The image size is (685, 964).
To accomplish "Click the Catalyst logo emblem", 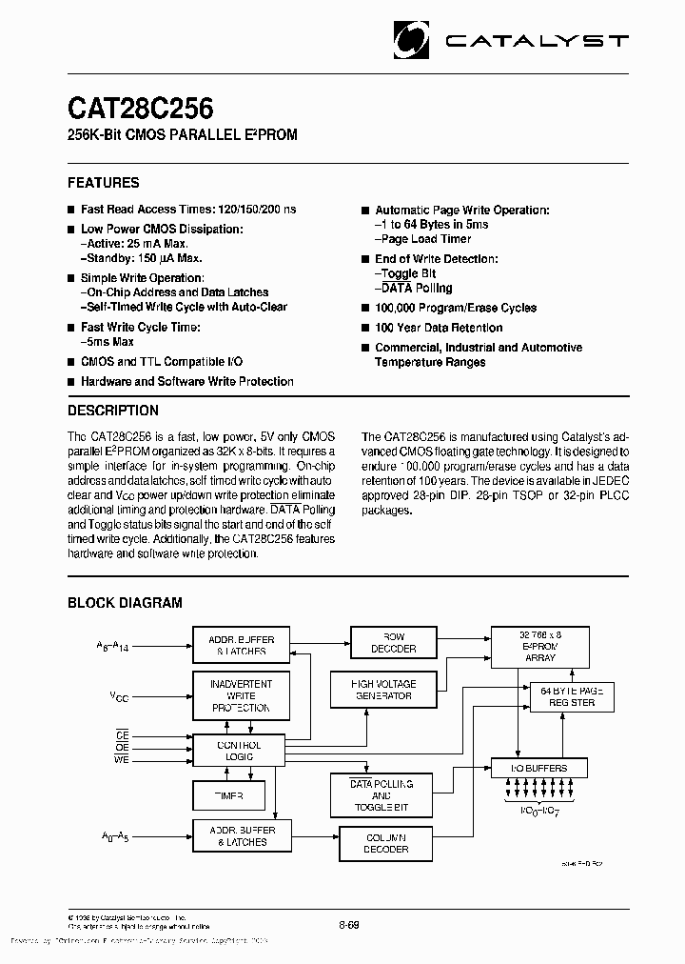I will point(415,40).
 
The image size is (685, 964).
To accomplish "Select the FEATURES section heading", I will point(104,182).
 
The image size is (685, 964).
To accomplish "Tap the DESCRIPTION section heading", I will point(113,411).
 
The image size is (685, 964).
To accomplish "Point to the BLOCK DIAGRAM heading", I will point(125,602).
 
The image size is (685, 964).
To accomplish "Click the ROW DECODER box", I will point(393,643).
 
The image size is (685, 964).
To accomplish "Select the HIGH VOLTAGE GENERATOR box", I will point(383,690).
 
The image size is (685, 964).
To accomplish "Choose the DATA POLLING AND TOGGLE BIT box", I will point(382,795).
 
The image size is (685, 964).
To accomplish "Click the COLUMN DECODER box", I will point(387,843).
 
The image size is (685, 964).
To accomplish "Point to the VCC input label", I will point(119,697).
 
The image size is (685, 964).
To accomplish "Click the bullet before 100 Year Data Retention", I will point(364,329).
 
